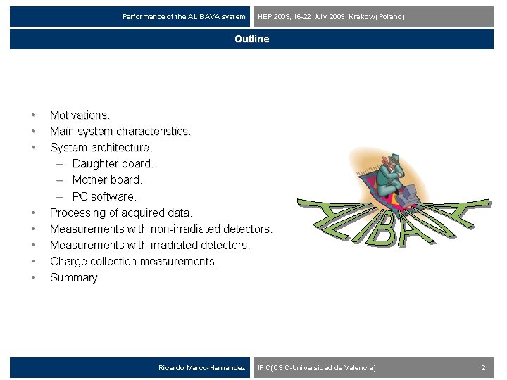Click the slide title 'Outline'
252,39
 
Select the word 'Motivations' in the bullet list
79,115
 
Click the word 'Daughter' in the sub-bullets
95,163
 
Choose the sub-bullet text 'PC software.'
104,196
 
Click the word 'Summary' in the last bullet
74,277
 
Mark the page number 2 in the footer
483,368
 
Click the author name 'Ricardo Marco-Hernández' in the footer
201,368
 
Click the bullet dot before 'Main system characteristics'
32,131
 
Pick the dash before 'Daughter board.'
61,163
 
